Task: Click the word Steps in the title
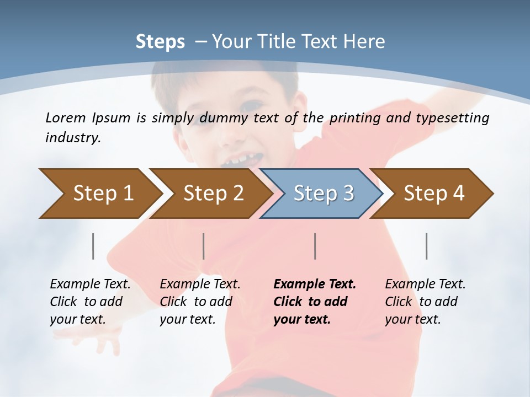click(160, 42)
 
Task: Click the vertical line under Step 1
click(93, 246)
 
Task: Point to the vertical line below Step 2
click(204, 246)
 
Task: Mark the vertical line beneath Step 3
click(315, 246)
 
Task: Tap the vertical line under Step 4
click(427, 246)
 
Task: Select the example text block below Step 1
click(91, 302)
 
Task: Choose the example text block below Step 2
click(200, 302)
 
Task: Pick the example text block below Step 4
click(425, 302)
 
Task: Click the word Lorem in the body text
click(66, 117)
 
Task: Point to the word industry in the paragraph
click(72, 138)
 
